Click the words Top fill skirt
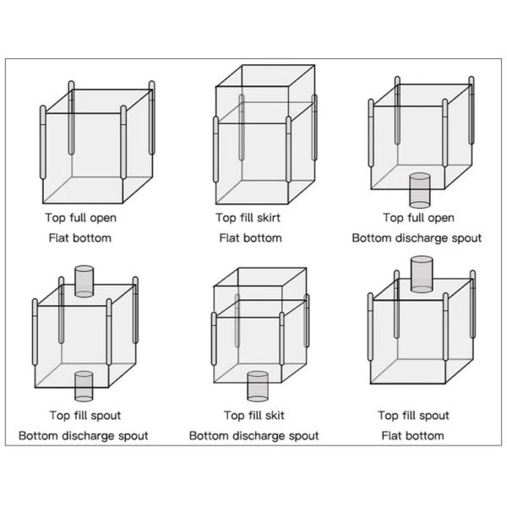point(248,217)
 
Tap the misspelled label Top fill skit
point(253,415)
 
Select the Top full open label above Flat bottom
point(80,217)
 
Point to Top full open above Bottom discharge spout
point(417,217)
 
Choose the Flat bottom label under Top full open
point(79,237)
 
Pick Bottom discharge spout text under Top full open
point(417,237)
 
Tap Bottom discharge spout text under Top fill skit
point(253,435)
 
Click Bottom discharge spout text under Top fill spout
point(84,435)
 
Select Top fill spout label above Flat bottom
point(412,415)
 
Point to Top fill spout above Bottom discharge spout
point(84,415)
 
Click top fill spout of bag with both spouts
point(84,281)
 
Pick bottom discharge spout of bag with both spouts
point(84,385)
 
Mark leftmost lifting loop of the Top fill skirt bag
point(216,149)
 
